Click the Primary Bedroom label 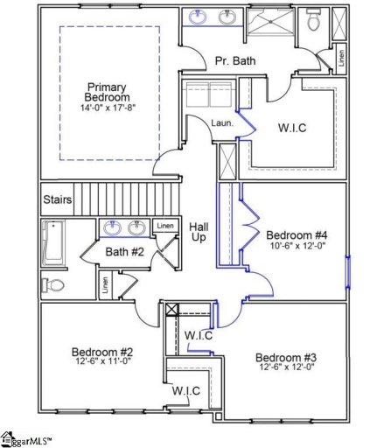click(x=107, y=92)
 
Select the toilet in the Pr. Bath click(x=313, y=21)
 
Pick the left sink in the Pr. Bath click(x=199, y=17)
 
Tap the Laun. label click(x=222, y=123)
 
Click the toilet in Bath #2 click(x=54, y=285)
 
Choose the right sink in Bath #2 click(x=137, y=228)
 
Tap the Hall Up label click(x=199, y=232)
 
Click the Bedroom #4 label click(x=297, y=235)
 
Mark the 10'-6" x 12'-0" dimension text click(x=297, y=248)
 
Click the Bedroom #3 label click(x=286, y=357)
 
